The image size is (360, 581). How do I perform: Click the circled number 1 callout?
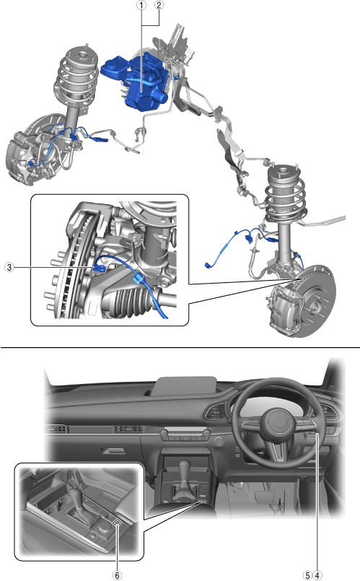pos(141,5)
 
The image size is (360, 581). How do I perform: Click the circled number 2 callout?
pos(159,5)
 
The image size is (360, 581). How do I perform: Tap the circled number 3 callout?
pos(9,267)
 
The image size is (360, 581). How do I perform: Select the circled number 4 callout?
pos(317,575)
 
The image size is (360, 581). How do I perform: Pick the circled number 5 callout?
pos(307,575)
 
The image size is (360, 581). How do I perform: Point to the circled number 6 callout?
pos(117,575)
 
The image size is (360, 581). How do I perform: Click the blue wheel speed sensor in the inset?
pos(100,266)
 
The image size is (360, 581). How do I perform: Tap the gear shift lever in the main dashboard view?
pos(184,477)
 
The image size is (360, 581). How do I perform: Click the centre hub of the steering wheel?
pos(281,421)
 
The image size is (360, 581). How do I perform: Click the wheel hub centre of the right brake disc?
pos(313,305)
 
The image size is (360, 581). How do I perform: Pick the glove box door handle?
pos(113,450)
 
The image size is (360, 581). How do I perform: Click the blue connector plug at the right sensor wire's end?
pos(208,265)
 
